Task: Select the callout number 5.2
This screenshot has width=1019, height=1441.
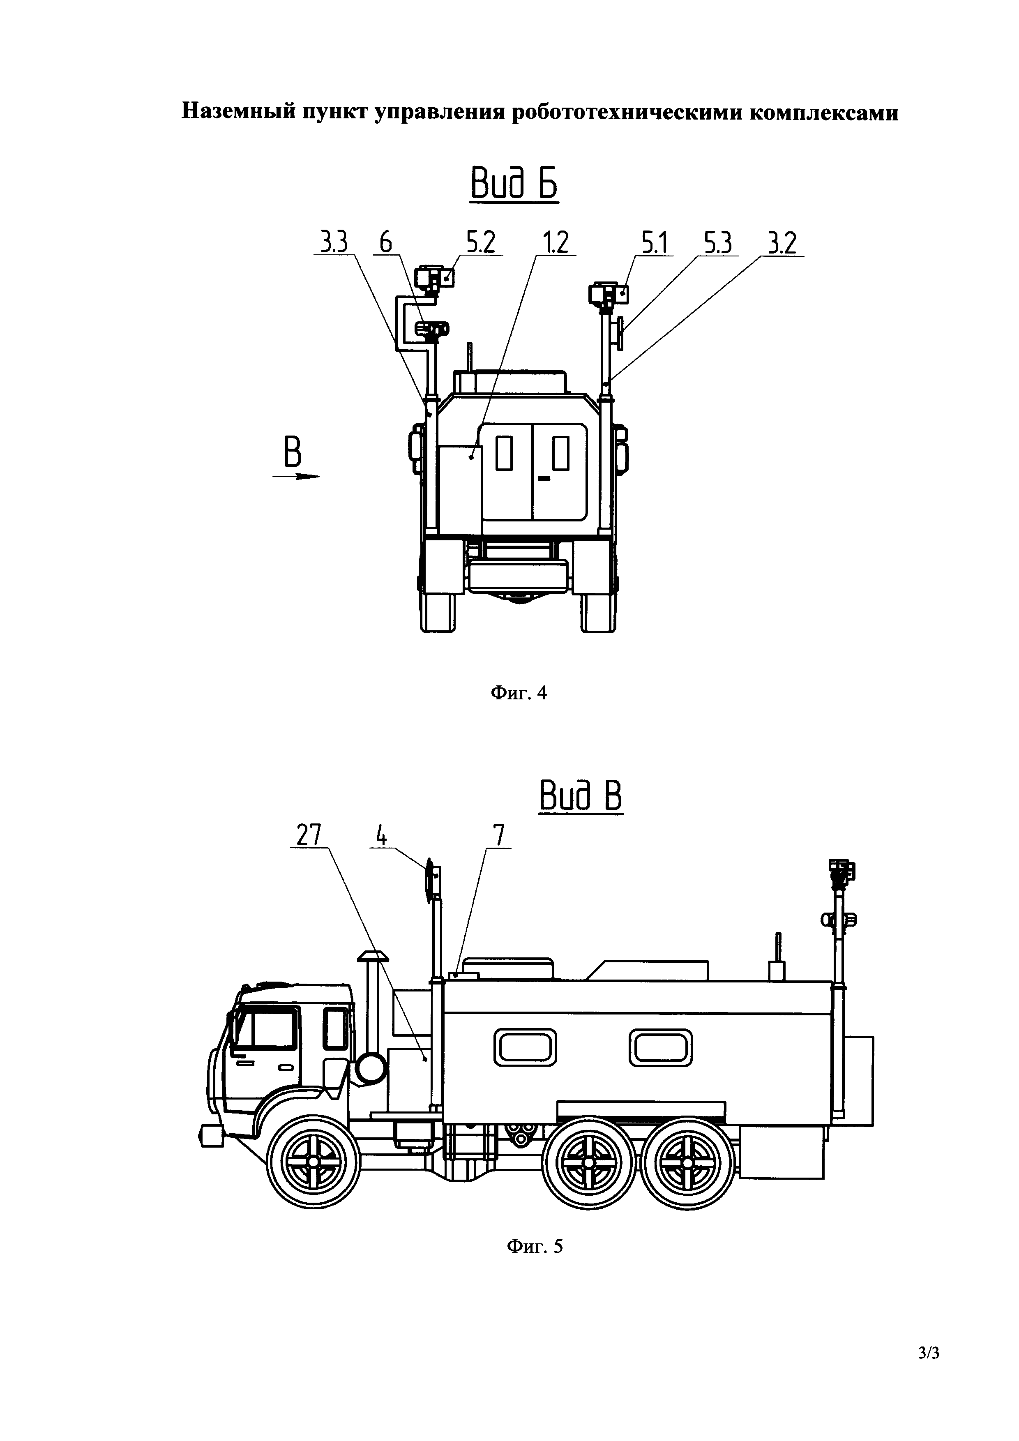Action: click(x=481, y=242)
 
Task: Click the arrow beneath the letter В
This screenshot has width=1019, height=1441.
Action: click(x=295, y=476)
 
